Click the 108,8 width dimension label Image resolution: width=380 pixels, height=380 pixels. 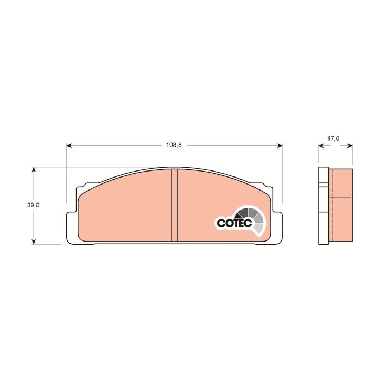(x=174, y=145)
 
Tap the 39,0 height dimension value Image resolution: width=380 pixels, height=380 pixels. (x=33, y=205)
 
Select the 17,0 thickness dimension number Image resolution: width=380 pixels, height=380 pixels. (x=333, y=138)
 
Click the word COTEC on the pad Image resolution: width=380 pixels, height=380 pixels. (x=235, y=223)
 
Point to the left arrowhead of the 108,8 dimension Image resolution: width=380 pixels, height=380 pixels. (x=69, y=145)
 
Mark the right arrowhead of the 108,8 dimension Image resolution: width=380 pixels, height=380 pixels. (x=280, y=145)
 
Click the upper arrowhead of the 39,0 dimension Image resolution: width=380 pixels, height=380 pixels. (x=34, y=169)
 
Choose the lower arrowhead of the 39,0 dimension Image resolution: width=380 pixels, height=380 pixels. (x=34, y=242)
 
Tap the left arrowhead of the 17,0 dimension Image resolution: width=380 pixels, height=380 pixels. (x=321, y=145)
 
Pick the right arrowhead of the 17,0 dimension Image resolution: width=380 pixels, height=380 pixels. (x=350, y=145)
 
